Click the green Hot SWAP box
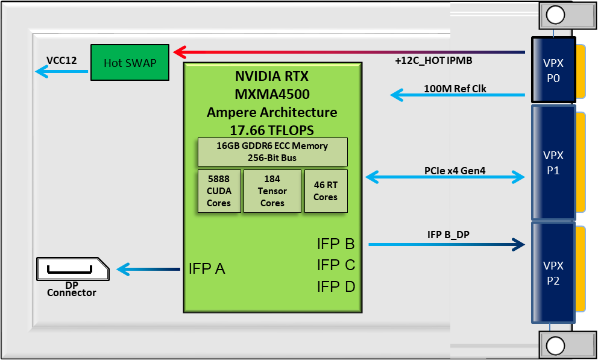tap(129, 63)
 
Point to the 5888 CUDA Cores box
tap(218, 191)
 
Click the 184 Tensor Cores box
tap(272, 191)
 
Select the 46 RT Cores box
tap(326, 191)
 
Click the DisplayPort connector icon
tap(72, 269)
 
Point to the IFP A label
tap(207, 269)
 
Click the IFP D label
tap(336, 287)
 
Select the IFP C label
tap(336, 265)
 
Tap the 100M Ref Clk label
tap(455, 89)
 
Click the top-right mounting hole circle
tap(555, 14)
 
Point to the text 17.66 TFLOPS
tap(272, 130)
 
